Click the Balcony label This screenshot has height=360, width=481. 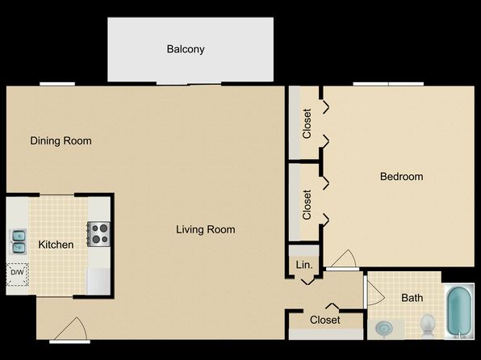pyautogui.click(x=186, y=49)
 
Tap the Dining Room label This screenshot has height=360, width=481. pyautogui.click(x=61, y=141)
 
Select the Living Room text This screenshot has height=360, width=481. pyautogui.click(x=206, y=229)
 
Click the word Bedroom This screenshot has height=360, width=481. pyautogui.click(x=402, y=177)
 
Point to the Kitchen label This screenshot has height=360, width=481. pyautogui.click(x=56, y=245)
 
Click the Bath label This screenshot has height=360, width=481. pyautogui.click(x=412, y=298)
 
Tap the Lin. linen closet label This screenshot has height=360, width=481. pyautogui.click(x=304, y=265)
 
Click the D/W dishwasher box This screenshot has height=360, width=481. pyautogui.click(x=18, y=274)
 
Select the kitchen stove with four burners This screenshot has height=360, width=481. pyautogui.click(x=98, y=234)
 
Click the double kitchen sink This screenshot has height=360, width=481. pyautogui.click(x=19, y=242)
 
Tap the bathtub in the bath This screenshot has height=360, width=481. pyautogui.click(x=459, y=311)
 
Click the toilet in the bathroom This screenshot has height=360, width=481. pyautogui.click(x=427, y=325)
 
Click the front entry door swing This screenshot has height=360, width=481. pyautogui.click(x=71, y=329)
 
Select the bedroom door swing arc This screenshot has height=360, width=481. pyautogui.click(x=344, y=258)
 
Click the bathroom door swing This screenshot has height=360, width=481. pyautogui.click(x=375, y=293)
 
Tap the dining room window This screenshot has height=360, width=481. pyautogui.click(x=57, y=84)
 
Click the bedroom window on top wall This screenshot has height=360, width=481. pyautogui.click(x=388, y=84)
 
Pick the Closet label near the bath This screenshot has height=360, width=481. pyautogui.click(x=325, y=320)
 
